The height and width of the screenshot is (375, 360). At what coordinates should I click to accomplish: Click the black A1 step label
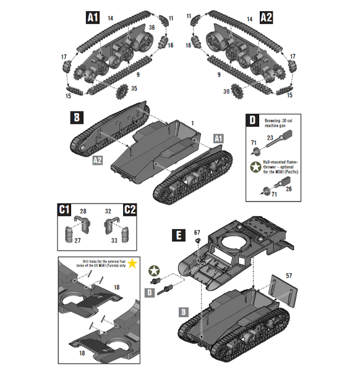[x=92, y=18]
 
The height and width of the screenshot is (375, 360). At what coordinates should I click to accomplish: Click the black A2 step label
[x=267, y=17]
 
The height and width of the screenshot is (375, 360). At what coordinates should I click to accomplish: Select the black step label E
[x=178, y=235]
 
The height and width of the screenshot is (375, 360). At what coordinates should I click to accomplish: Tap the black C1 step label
[x=64, y=210]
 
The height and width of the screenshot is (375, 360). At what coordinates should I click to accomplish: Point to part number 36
[x=152, y=28]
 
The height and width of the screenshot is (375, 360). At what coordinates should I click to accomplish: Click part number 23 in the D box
[x=270, y=139]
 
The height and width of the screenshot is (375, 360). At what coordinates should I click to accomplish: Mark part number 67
[x=197, y=233]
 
